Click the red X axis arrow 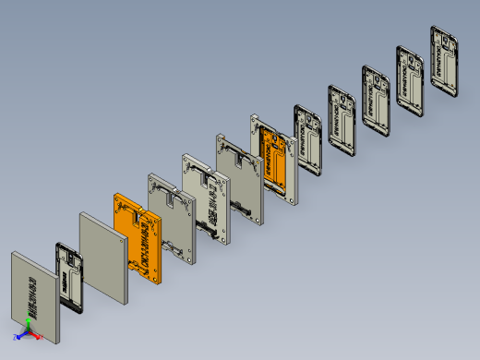[38, 337]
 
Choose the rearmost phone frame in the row [444, 59]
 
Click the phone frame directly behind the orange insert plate [307, 138]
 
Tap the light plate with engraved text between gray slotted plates [205, 198]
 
